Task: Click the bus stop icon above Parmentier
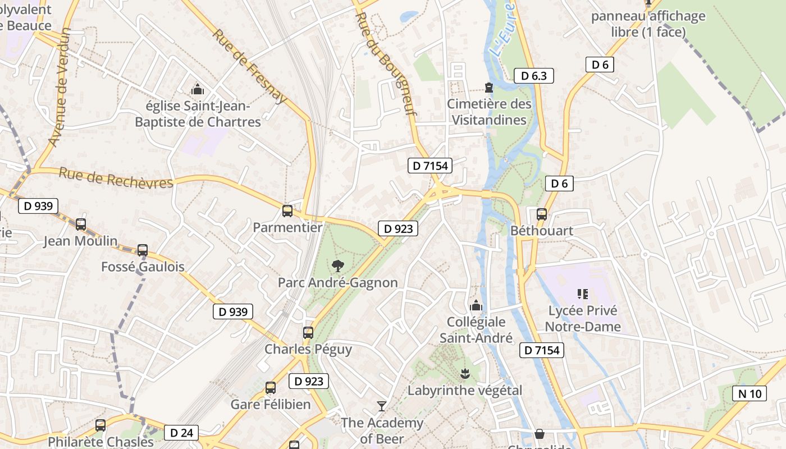287,211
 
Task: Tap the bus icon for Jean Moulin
81,224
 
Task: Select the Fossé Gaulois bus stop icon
143,250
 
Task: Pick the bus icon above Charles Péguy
308,332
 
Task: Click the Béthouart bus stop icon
542,214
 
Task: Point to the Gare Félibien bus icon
271,387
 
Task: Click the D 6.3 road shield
534,76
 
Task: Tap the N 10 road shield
750,393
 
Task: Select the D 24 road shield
181,433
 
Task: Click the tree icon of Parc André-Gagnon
338,265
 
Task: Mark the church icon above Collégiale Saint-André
476,305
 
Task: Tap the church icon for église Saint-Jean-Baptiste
198,89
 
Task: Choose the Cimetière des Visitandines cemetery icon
489,88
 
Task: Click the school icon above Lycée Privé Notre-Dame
582,294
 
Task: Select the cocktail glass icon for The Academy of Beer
382,406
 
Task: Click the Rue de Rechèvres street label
116,178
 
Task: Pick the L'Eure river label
502,28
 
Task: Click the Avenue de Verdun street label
60,87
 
